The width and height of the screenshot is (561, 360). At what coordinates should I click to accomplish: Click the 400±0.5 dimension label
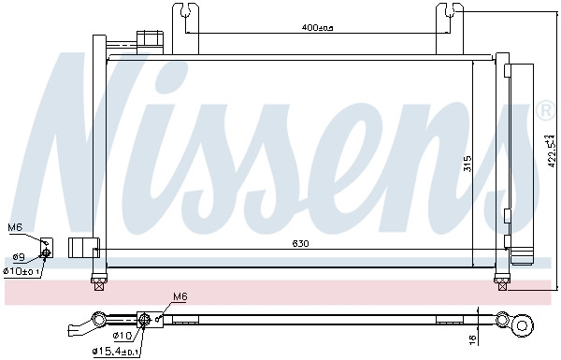point(317,27)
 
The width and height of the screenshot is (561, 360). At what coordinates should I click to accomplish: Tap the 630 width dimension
point(300,243)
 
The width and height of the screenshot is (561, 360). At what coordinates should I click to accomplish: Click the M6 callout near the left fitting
point(15,227)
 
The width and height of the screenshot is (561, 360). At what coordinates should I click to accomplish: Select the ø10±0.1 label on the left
point(21,271)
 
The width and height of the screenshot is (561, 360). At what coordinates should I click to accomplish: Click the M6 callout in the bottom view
point(180,297)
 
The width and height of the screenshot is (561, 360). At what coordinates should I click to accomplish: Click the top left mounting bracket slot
point(184,13)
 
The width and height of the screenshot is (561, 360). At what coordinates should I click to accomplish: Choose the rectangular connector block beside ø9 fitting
point(84,247)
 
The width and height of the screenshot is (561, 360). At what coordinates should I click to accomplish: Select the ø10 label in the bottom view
point(123,336)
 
